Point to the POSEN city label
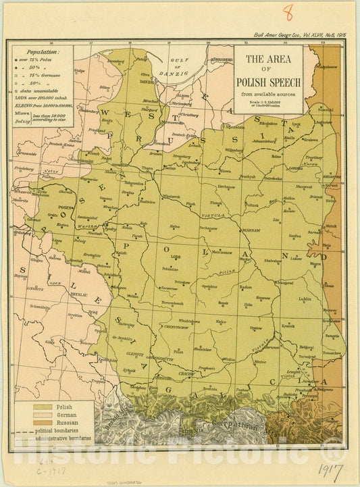coord(66,209)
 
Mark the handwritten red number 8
coord(288,11)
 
